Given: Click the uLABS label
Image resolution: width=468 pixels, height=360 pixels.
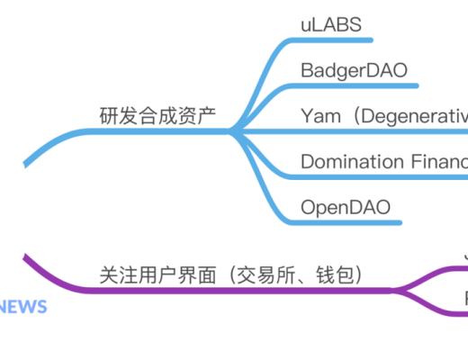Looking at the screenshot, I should (330, 25).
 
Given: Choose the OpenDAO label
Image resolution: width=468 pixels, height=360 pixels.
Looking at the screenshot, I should (345, 208).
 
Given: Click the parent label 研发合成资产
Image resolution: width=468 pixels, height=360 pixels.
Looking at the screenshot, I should (157, 116).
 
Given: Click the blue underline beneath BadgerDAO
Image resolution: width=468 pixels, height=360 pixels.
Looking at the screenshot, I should (360, 86).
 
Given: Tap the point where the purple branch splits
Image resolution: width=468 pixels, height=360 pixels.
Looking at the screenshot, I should (396, 290).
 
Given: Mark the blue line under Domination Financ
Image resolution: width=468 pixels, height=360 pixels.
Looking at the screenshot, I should (378, 177).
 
